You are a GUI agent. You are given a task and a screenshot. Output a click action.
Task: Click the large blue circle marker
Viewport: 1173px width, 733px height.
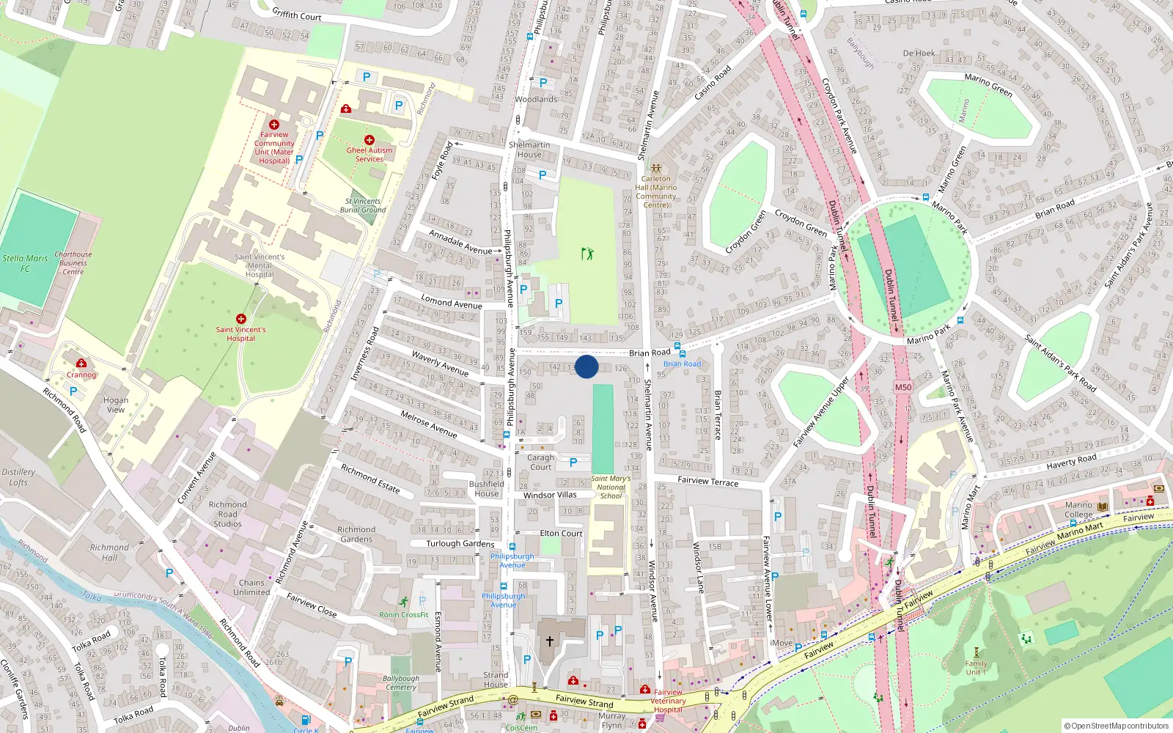click(x=586, y=366)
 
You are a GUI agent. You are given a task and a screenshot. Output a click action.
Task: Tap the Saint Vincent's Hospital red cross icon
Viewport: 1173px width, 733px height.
click(x=241, y=319)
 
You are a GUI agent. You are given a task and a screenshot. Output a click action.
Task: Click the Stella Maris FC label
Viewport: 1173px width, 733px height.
click(x=25, y=263)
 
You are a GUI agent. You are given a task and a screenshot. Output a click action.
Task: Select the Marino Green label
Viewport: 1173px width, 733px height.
click(x=988, y=86)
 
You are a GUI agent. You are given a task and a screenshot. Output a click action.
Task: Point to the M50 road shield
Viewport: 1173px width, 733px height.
click(x=903, y=387)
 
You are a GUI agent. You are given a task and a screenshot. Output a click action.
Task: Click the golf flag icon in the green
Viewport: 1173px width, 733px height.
click(x=587, y=254)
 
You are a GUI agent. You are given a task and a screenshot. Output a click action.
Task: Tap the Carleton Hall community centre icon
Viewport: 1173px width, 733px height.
click(x=655, y=169)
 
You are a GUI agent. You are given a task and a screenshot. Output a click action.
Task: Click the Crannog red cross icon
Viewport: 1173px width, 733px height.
click(x=81, y=364)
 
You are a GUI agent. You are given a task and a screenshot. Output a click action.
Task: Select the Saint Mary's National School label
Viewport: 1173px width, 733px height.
click(x=611, y=487)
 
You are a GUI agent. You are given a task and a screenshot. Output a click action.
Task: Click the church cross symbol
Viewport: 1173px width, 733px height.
click(x=549, y=641)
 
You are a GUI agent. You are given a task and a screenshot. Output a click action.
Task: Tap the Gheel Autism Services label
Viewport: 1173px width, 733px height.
click(x=369, y=155)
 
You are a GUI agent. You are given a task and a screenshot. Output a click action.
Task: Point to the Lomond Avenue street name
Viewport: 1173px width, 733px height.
click(x=452, y=301)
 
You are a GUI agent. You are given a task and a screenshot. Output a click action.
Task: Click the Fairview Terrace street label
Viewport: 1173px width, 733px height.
click(x=707, y=482)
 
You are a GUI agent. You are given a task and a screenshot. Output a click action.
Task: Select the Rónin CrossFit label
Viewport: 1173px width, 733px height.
click(x=404, y=615)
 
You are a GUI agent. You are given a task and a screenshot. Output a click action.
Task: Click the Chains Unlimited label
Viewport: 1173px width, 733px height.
click(x=251, y=588)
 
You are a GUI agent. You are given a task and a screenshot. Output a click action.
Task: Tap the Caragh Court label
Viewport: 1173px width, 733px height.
click(x=541, y=463)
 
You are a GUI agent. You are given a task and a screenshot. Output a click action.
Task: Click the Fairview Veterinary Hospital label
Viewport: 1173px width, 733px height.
click(x=668, y=701)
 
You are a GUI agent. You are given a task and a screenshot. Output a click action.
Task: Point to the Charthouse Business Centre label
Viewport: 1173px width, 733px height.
click(x=73, y=263)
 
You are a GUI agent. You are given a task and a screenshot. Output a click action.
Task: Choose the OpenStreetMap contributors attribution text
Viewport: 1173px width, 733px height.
click(x=1117, y=726)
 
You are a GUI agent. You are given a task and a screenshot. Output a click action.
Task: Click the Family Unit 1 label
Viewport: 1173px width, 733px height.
click(x=976, y=668)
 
